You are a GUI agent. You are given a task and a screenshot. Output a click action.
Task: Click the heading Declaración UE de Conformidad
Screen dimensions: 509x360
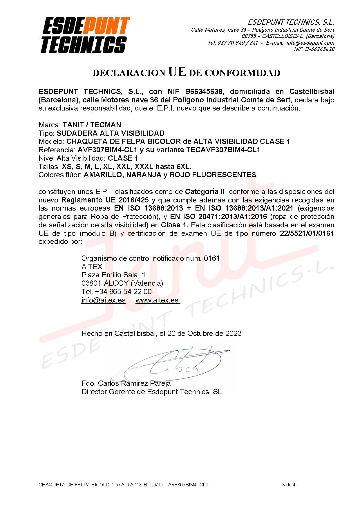point(186,72)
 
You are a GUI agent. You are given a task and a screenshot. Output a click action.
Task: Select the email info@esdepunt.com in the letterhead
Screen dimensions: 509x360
point(310,43)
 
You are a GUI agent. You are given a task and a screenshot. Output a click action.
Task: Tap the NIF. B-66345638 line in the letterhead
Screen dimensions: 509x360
point(314,49)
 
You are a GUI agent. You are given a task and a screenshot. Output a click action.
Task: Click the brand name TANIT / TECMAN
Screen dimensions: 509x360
point(92,125)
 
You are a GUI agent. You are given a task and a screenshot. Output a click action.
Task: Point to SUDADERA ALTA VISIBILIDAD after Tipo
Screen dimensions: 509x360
point(111,133)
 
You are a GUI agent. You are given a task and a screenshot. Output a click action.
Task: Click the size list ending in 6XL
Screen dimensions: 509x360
point(126,167)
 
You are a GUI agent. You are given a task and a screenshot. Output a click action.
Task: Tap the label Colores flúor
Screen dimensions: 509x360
point(60,175)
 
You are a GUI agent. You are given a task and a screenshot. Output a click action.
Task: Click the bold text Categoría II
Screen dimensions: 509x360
point(205,192)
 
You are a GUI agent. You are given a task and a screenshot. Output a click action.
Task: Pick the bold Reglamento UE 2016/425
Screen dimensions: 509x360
point(105,200)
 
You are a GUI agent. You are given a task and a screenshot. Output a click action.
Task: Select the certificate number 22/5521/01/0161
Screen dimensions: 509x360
point(307,233)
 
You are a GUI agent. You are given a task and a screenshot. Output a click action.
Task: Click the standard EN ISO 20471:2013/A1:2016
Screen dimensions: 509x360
point(218,217)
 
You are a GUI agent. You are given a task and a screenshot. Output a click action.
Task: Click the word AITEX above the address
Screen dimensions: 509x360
point(92,267)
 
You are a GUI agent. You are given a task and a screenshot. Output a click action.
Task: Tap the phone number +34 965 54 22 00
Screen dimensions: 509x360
point(123,291)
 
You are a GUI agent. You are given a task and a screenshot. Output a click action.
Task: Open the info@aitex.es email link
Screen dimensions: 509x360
point(103,300)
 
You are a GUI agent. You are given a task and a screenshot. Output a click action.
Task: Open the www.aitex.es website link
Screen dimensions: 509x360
point(157,300)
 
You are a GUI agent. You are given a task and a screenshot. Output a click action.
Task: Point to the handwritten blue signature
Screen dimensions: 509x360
point(174,364)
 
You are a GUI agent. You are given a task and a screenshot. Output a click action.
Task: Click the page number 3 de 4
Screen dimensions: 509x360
point(288,485)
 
